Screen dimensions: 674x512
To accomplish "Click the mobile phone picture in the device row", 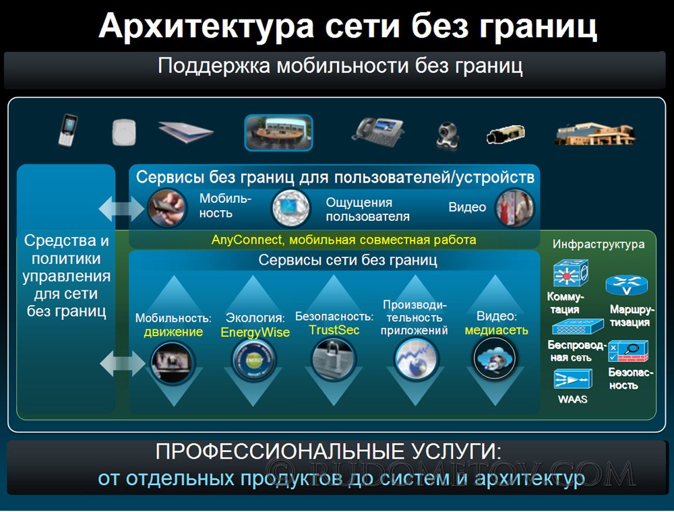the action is (x=67, y=130).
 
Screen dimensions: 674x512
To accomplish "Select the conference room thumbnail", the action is (x=278, y=133).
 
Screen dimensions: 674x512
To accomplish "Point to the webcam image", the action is (x=448, y=135).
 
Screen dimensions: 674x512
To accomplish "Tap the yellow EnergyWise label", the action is (x=255, y=332).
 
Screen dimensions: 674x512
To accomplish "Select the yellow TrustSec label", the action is (x=334, y=330).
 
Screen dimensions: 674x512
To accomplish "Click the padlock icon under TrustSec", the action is (x=334, y=359).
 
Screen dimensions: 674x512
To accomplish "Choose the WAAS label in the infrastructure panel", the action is (x=572, y=399).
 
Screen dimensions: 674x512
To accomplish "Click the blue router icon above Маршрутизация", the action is (x=626, y=285).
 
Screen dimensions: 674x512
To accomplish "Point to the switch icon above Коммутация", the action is (x=570, y=273).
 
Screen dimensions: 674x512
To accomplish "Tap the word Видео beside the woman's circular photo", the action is (x=467, y=207).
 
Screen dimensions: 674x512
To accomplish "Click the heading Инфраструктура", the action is (x=599, y=245).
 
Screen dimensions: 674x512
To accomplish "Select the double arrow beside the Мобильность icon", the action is (x=121, y=209).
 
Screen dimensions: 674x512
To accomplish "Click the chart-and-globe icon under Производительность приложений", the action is (x=415, y=359).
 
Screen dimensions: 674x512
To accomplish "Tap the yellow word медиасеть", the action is (x=497, y=330).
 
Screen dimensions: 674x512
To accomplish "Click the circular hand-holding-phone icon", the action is (x=166, y=208).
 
